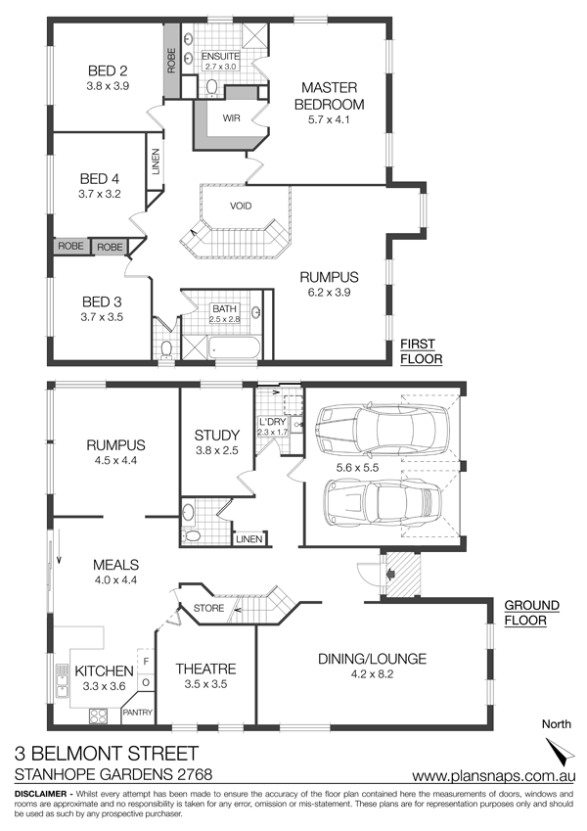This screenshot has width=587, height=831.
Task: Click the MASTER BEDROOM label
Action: pyautogui.click(x=329, y=96)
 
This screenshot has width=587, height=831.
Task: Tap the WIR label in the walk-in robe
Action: pyautogui.click(x=232, y=118)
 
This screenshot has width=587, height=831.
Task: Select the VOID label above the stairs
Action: pyautogui.click(x=241, y=206)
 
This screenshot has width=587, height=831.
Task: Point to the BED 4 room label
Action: pyautogui.click(x=100, y=178)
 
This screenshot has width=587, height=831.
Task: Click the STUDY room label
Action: pyautogui.click(x=216, y=436)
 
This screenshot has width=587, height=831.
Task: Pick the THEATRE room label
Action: pyautogui.click(x=205, y=669)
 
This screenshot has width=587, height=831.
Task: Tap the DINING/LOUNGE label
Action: pyautogui.click(x=372, y=659)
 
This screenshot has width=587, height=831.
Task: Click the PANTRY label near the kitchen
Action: pyautogui.click(x=138, y=713)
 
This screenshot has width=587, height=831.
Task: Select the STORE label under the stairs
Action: pyautogui.click(x=208, y=608)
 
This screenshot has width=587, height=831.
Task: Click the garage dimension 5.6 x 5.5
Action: pyautogui.click(x=357, y=468)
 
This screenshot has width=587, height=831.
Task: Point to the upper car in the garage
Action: pyautogui.click(x=380, y=424)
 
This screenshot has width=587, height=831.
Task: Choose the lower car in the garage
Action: pyautogui.click(x=383, y=501)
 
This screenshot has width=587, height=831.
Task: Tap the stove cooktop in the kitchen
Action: pyautogui.click(x=98, y=716)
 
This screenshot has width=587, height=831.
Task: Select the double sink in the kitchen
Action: pyautogui.click(x=62, y=681)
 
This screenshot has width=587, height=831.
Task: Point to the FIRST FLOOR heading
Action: pyautogui.click(x=421, y=351)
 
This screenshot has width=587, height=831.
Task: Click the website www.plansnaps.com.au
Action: pyautogui.click(x=494, y=775)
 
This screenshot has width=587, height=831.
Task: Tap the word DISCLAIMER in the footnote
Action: pyautogui.click(x=42, y=794)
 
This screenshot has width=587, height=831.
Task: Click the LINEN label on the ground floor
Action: pyautogui.click(x=249, y=539)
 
